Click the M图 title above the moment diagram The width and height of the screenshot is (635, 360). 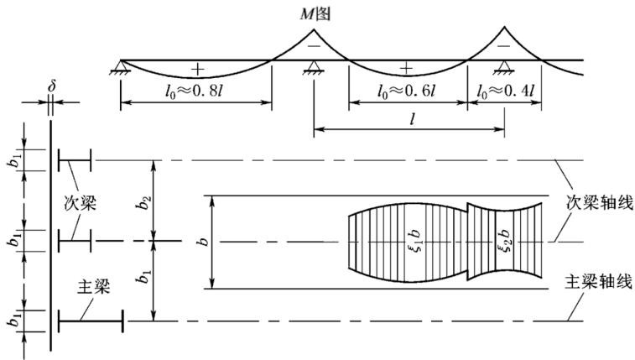pos(315,14)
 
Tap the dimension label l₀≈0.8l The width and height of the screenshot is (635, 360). pos(194,91)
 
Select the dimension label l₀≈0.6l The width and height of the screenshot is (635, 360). pos(406,91)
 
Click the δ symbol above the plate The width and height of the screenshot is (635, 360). pos(51,86)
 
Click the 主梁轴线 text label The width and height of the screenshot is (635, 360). pos(599,282)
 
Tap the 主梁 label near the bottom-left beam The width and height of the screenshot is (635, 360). pos(94,287)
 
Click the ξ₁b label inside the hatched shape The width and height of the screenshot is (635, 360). pos(415,242)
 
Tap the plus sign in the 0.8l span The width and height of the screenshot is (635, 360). pos(198,70)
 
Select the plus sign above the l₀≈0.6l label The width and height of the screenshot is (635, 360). pos(406,69)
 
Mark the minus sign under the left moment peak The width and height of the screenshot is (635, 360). pos(314,46)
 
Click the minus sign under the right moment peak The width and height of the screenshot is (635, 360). pos(504,46)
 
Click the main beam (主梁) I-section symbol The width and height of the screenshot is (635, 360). pos(91,321)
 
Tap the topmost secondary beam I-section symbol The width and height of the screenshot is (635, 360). pos(75,160)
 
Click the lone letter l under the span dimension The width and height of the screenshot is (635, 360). pos(413,119)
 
